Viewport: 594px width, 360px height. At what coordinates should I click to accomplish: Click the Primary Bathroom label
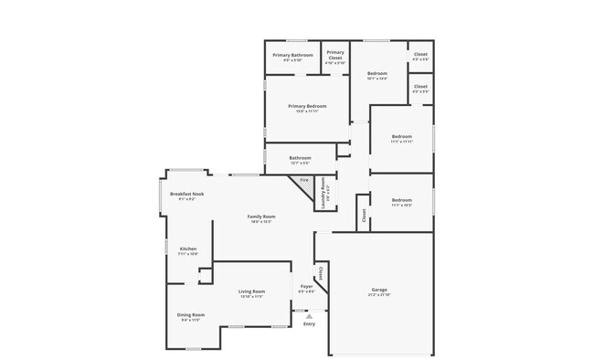click(x=292, y=55)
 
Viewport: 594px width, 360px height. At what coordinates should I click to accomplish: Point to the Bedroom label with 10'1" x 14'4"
click(x=377, y=73)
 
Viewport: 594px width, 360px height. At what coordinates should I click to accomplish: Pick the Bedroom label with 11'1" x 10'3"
click(x=402, y=200)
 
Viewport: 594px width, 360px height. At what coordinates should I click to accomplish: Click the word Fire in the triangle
click(x=304, y=181)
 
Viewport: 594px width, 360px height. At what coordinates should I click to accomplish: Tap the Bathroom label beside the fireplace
click(x=300, y=157)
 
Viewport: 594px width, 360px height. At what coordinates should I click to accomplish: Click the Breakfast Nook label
click(x=186, y=194)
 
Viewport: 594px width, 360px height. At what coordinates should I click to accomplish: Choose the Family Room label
click(x=260, y=217)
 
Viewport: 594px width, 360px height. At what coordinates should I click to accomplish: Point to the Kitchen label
click(x=187, y=249)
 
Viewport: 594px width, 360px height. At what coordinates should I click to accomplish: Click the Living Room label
click(x=251, y=291)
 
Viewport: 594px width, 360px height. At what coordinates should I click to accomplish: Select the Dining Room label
click(x=191, y=315)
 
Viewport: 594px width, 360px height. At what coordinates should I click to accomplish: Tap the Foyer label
click(x=307, y=286)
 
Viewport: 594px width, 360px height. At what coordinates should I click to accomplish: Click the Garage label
click(x=379, y=290)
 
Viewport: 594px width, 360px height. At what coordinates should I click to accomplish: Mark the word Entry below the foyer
click(x=309, y=323)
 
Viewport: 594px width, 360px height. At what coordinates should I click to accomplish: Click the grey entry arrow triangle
click(x=309, y=316)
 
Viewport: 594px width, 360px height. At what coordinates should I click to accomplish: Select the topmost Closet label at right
click(x=420, y=54)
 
